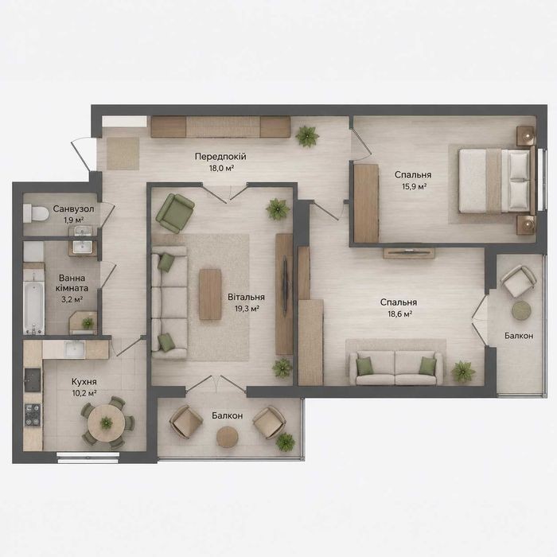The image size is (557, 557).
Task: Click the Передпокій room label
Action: point(220,156)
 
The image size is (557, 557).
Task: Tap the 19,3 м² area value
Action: point(247,309)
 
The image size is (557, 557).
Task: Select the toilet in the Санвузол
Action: point(36,213)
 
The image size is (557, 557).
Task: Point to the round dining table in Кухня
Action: point(106,423)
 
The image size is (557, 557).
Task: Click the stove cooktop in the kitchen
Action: point(33,415)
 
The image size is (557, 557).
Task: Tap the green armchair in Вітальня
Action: point(175,213)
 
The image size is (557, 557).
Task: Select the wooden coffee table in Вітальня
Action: point(210,294)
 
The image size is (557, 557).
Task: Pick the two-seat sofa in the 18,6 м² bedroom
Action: point(396,368)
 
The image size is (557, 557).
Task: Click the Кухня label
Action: point(84,382)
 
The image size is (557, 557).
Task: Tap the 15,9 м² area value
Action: point(415,186)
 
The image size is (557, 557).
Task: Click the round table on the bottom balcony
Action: point(228,436)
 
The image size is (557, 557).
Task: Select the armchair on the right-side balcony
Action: point(518,281)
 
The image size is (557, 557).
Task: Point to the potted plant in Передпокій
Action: point(307,136)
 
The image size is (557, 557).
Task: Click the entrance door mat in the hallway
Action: point(123,154)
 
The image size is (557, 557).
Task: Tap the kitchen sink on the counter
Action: point(74,349)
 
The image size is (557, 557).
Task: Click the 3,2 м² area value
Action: point(72,299)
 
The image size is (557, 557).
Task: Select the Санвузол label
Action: point(73,208)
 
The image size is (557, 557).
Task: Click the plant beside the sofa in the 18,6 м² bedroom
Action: point(463,372)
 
